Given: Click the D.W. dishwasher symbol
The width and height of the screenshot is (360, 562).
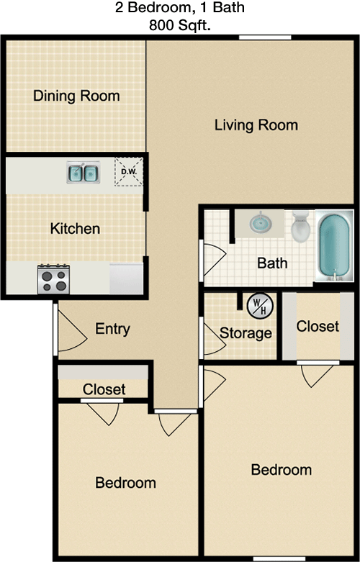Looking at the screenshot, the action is click(x=129, y=171).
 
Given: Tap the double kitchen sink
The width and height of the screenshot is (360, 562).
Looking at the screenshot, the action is click(x=84, y=173).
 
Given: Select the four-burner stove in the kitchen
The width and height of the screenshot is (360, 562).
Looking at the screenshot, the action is click(x=54, y=279).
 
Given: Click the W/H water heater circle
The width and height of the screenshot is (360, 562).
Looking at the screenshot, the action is click(x=260, y=306).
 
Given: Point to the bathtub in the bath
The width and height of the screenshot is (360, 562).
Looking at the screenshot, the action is click(x=334, y=245).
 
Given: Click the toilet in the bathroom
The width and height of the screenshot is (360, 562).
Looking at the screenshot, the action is click(x=300, y=227).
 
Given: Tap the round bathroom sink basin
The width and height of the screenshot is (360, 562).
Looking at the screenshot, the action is click(x=261, y=222).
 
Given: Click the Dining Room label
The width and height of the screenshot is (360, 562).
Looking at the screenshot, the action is click(x=76, y=96).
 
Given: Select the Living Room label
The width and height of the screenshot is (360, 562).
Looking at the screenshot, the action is click(x=256, y=125).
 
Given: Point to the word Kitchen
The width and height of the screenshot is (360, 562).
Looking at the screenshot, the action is click(x=75, y=229).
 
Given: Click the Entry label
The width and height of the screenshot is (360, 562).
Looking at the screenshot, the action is click(x=112, y=329).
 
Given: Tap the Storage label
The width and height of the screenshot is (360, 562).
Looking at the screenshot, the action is click(x=246, y=333).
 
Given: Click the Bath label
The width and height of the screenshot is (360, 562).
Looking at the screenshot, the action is click(x=272, y=263).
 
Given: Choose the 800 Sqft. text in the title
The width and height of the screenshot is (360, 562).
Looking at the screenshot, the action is click(x=180, y=25).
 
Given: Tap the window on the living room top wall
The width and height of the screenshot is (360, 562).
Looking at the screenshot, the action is click(x=265, y=37).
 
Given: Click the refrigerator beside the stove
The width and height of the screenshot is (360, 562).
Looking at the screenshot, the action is click(x=126, y=279).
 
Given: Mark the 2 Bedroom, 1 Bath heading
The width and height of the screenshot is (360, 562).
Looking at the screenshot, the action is click(x=180, y=7).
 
